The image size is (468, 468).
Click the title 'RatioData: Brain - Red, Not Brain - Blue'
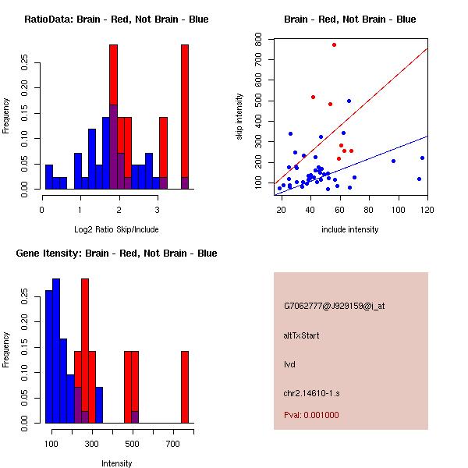116,19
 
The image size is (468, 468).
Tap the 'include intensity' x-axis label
350,229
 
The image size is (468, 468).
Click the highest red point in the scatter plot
334,44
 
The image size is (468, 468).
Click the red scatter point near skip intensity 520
313,97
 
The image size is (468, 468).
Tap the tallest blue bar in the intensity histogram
56,351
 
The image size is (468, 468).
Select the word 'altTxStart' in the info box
302,335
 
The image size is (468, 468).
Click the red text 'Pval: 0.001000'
311,415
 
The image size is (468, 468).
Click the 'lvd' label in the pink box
289,364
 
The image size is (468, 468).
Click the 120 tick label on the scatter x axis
427,210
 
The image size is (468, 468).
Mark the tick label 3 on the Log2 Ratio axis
158,210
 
